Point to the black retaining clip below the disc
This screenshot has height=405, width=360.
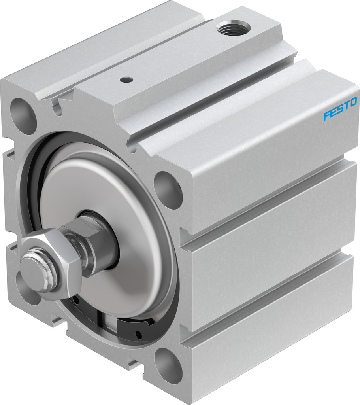136,327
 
